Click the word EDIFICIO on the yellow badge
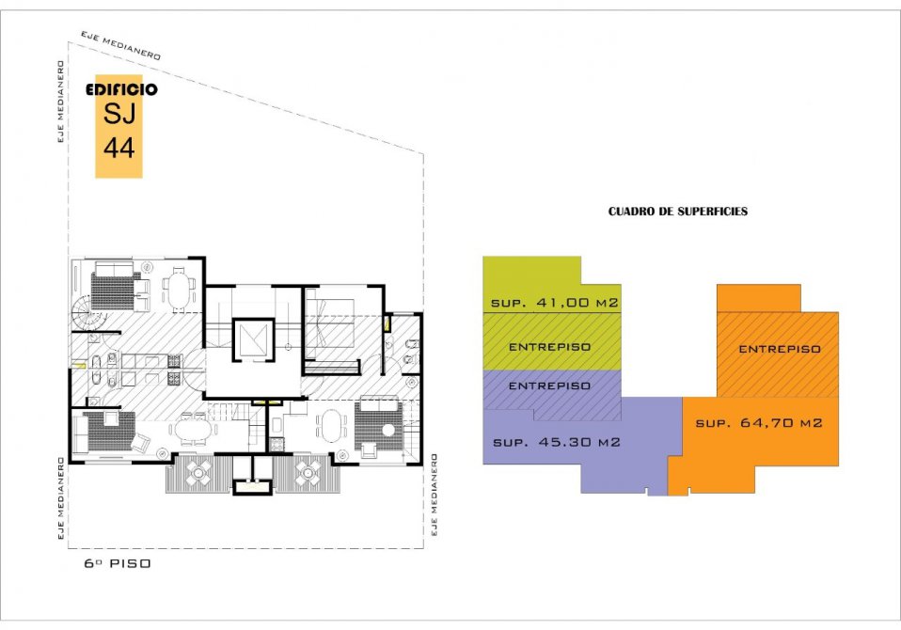coord(121,89)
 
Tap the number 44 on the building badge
coord(119,148)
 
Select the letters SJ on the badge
coord(119,113)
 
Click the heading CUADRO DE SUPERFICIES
coord(678,212)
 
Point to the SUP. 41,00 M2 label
coord(555,303)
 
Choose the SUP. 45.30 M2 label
coord(557,442)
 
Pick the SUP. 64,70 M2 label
coord(758,423)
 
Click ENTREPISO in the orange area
coord(779,349)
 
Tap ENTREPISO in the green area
coord(549,347)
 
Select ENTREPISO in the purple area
coord(549,386)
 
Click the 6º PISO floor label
coord(118,563)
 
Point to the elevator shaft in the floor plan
coord(253,340)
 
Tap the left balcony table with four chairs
coord(198,473)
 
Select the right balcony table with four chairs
coord(308,473)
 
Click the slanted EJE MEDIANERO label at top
coord(120,45)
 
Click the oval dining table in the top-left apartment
coord(178,290)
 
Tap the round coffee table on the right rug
coord(389,430)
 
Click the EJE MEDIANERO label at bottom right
coord(434,495)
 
